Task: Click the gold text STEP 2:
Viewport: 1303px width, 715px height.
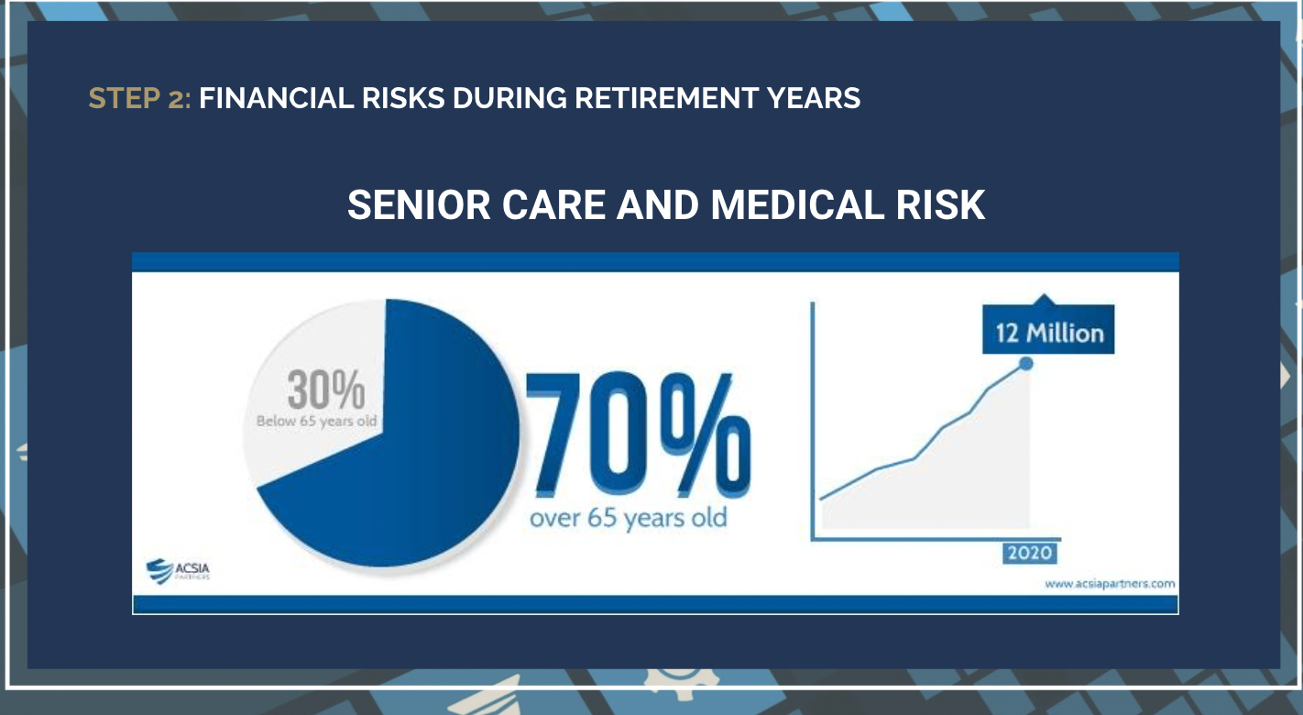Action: coord(139,98)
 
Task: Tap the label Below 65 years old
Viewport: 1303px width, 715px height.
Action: coord(318,422)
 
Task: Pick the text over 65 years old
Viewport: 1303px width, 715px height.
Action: coord(628,518)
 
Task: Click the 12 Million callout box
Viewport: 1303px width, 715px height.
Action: coord(1048,331)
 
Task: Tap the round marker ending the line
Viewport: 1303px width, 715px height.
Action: coord(1025,363)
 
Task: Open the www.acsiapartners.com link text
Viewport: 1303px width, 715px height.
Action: coord(1109,583)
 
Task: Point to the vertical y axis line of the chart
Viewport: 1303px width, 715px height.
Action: coord(812,422)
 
